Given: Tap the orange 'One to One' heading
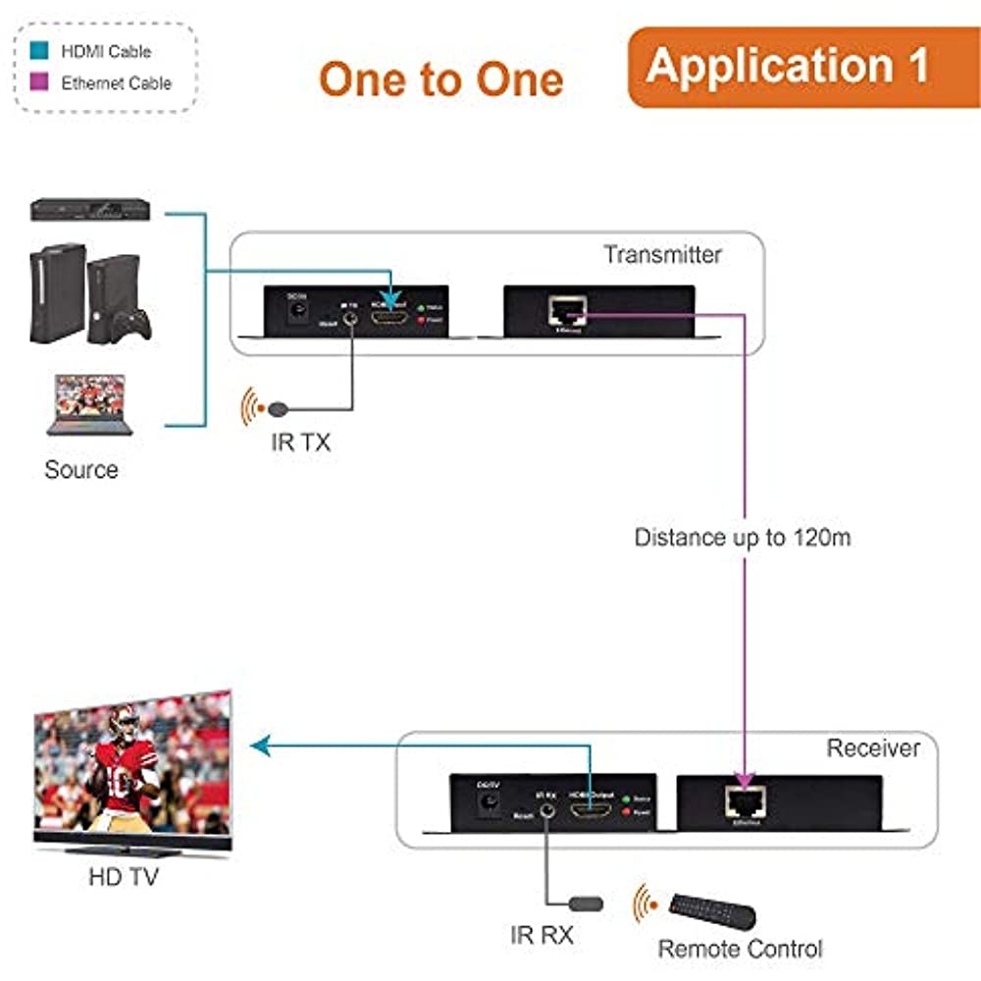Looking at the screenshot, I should [x=440, y=79].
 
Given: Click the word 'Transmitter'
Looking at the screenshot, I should [x=662, y=255].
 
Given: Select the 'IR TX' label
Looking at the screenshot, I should [x=301, y=442].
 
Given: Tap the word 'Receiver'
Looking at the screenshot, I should [x=873, y=749].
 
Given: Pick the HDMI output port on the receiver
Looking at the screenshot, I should [x=591, y=811].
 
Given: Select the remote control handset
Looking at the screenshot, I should [x=713, y=910].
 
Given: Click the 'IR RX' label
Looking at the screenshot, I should [x=542, y=935].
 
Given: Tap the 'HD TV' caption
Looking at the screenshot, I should [x=122, y=876].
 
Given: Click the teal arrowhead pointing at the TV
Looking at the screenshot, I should [x=261, y=748].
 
